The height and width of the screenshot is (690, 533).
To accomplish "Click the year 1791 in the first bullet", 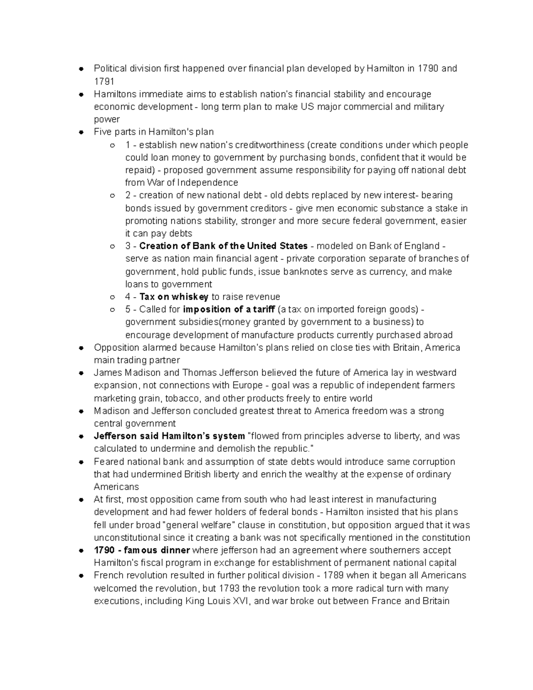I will point(104,81).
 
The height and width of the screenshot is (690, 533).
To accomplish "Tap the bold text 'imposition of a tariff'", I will point(229,309).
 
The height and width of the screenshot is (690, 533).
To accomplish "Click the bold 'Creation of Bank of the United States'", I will point(223,246).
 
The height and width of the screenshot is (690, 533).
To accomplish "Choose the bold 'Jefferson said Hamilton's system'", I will point(169,436).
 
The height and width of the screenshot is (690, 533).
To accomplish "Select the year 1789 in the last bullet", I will point(333,575).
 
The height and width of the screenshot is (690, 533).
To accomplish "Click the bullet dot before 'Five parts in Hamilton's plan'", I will point(81,132).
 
